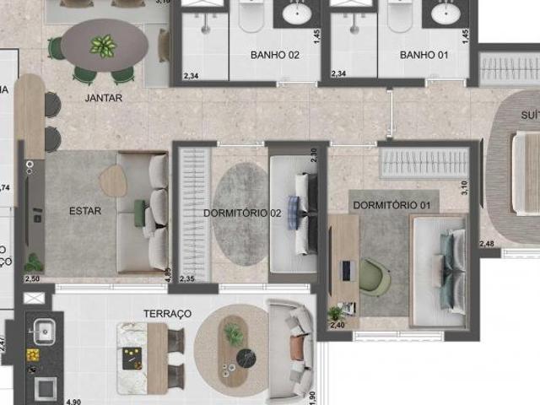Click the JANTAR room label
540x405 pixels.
104,98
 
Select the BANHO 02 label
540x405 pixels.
276,56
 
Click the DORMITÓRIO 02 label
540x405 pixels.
242,213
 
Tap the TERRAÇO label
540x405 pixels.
167,313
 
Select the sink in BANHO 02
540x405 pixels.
295,13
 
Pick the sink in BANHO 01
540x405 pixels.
445,13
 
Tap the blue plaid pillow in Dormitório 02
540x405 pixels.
294,211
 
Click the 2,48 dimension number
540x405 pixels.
487,245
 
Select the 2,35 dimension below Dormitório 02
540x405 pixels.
188,278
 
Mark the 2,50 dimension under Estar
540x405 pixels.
32,278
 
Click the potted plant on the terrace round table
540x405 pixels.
234,335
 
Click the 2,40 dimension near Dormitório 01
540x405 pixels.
337,325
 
